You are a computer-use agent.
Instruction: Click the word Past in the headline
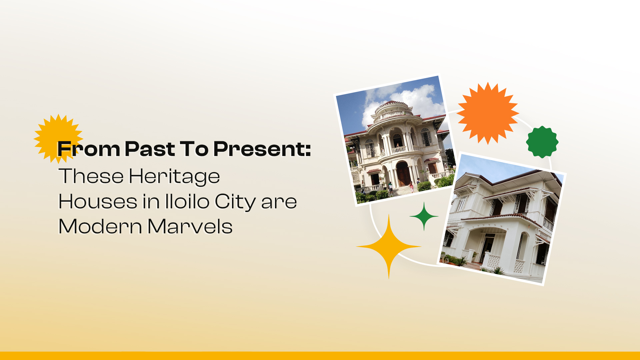[150, 149]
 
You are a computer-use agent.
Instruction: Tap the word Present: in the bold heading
[262, 149]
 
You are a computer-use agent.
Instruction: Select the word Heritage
[174, 177]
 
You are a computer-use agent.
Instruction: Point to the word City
[235, 202]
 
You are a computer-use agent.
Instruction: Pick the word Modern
[100, 227]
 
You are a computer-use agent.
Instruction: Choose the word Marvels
[190, 227]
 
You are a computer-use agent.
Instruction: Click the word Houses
[98, 202]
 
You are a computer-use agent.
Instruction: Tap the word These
[91, 176]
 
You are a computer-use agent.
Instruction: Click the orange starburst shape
[488, 113]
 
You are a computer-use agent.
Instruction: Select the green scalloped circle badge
[542, 142]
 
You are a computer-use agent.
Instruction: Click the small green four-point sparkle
[424, 216]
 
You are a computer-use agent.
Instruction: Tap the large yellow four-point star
[389, 247]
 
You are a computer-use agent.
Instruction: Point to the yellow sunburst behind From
[53, 133]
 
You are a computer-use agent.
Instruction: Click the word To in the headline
[194, 149]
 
